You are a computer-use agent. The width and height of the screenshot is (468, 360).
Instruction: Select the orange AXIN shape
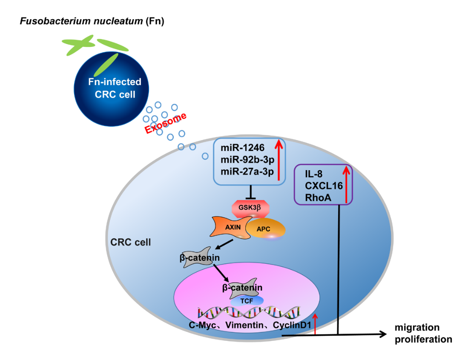[x=230, y=227]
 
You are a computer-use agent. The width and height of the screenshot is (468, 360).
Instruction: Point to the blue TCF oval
[x=244, y=300]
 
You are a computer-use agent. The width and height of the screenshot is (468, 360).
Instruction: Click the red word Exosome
[x=166, y=124]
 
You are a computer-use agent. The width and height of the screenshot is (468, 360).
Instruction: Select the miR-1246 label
[x=243, y=148]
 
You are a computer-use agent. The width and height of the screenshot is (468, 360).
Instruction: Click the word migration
[x=416, y=328]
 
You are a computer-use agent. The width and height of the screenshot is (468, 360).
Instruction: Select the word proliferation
[x=423, y=339]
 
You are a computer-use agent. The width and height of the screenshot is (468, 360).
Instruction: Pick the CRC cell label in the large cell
[x=131, y=243]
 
